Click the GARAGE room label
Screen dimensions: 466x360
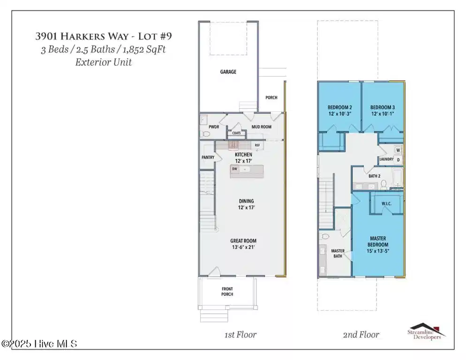point(228,72)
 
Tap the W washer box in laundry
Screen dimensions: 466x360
point(398,150)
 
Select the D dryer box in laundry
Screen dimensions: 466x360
point(398,160)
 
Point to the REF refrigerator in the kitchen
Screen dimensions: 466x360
point(257,145)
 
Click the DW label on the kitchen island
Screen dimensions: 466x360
point(234,169)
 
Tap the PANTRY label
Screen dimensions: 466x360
point(208,157)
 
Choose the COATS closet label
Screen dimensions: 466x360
point(236,133)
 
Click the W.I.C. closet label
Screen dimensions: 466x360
point(386,203)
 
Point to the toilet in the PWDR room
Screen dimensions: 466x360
point(206,134)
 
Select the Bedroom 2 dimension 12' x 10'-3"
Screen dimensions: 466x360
point(340,113)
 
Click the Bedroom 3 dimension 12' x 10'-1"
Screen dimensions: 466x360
point(383,113)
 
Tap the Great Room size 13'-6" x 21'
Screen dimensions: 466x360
point(243,247)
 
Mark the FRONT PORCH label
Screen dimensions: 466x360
point(227,292)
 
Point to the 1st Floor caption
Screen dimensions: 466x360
point(241,335)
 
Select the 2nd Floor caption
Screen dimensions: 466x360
point(361,335)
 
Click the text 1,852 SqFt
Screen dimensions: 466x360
point(144,49)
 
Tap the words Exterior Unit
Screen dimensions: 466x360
point(104,62)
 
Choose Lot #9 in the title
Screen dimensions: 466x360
point(155,36)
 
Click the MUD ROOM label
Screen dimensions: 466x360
point(262,127)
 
